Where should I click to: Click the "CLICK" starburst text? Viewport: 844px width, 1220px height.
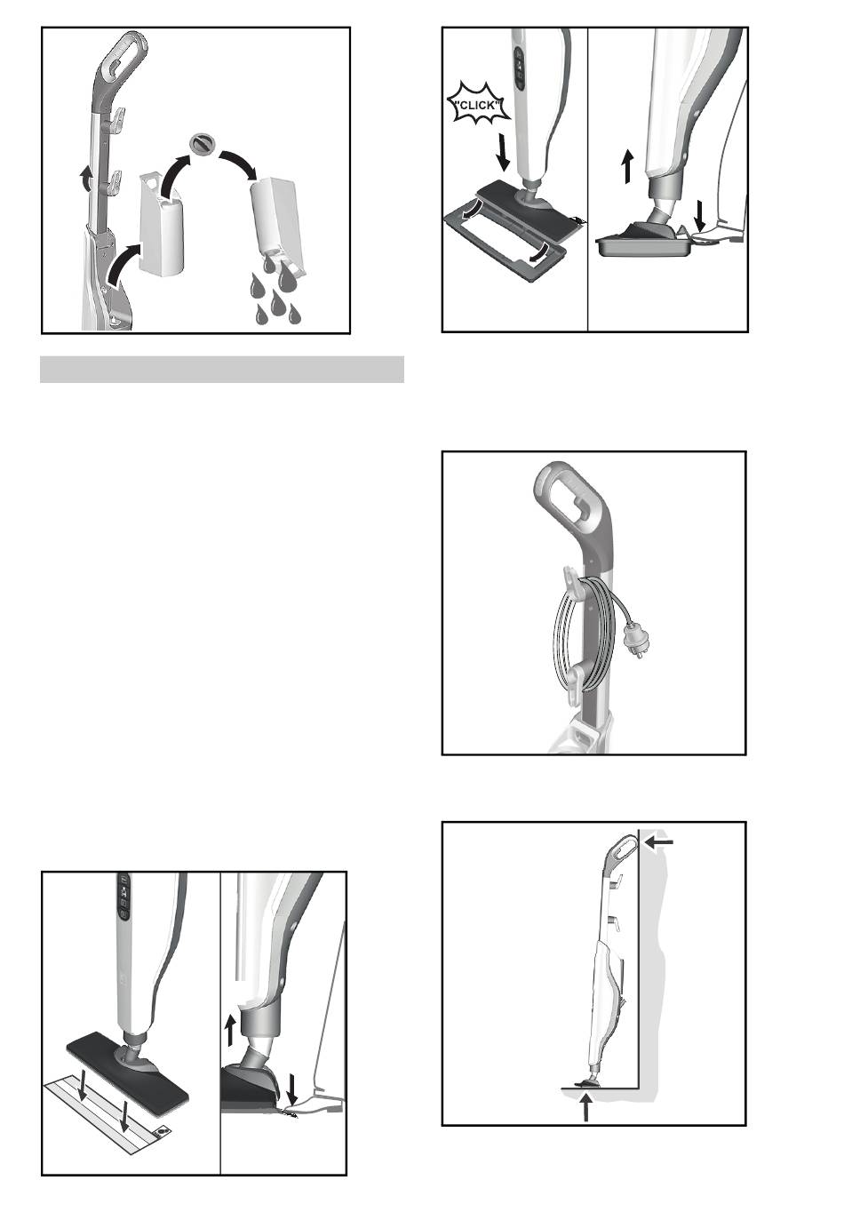click(x=478, y=105)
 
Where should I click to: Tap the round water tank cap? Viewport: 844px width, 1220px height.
click(x=202, y=143)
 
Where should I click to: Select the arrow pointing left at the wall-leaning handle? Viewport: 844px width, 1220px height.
click(x=658, y=842)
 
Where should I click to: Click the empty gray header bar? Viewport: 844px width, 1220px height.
click(x=221, y=369)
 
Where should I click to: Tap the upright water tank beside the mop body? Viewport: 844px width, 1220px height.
click(x=161, y=221)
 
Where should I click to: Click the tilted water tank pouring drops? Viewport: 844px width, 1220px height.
click(x=276, y=223)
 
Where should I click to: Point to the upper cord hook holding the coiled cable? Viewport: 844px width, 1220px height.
click(x=570, y=579)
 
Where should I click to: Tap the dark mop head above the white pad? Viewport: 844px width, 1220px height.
click(x=127, y=1062)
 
